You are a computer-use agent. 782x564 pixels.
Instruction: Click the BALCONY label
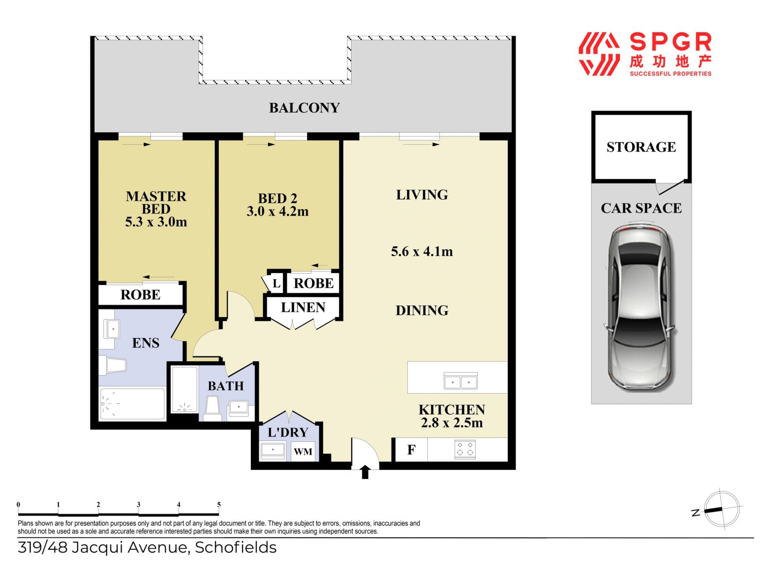click(x=304, y=108)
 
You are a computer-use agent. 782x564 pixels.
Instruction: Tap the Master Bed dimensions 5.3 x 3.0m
click(x=156, y=222)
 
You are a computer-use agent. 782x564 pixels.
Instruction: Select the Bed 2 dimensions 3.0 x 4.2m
click(x=277, y=211)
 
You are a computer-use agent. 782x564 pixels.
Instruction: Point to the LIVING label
click(x=422, y=195)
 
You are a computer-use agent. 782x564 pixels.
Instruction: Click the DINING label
click(x=422, y=310)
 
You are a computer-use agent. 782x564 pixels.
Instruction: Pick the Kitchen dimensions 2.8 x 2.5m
click(x=452, y=422)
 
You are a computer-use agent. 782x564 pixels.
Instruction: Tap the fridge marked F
click(x=411, y=450)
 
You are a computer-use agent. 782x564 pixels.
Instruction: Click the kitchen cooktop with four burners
click(x=465, y=449)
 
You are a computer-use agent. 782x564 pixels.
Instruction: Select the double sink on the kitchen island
click(x=461, y=381)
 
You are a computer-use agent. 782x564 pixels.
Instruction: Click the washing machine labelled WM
click(x=303, y=451)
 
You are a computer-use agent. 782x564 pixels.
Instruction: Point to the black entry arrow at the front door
click(x=365, y=472)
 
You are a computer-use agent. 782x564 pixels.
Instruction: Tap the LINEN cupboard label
click(x=303, y=307)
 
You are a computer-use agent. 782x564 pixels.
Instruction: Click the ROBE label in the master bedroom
click(x=141, y=294)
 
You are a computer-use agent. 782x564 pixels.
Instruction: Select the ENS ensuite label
click(x=145, y=343)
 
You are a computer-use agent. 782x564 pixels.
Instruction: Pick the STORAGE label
click(x=641, y=147)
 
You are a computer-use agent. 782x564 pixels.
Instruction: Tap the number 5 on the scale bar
click(x=219, y=504)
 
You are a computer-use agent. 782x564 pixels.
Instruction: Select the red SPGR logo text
click(x=670, y=42)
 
